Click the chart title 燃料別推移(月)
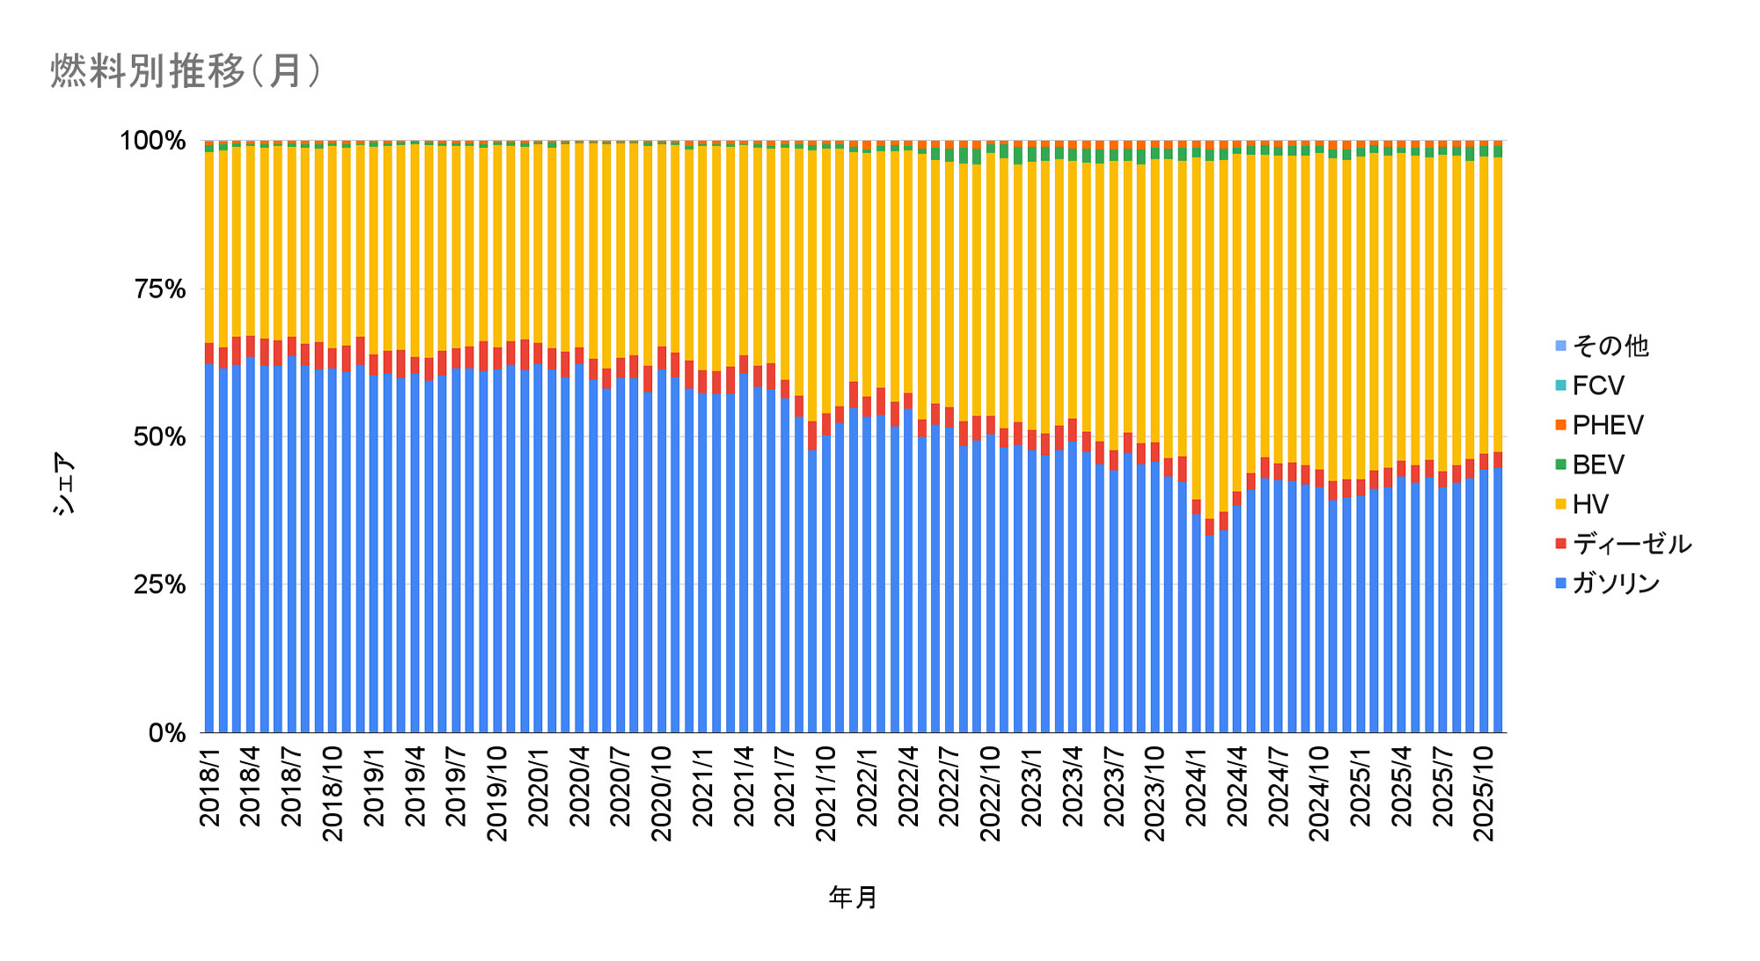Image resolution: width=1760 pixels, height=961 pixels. click(186, 71)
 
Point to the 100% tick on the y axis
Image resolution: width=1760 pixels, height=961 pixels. click(153, 141)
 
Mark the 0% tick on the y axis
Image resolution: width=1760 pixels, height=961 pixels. click(167, 732)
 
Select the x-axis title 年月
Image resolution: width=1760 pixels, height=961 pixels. click(853, 898)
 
